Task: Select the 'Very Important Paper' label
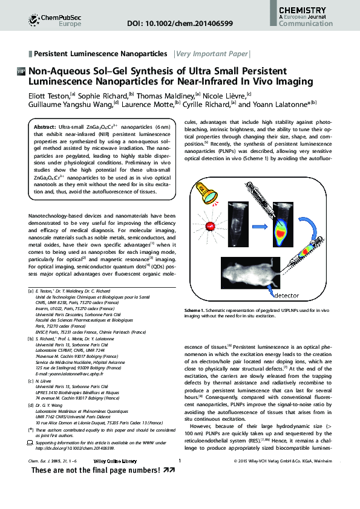[212, 54]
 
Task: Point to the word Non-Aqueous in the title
[60, 71]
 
